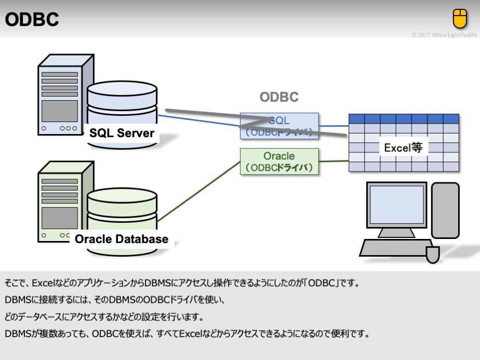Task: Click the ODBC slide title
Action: point(32,19)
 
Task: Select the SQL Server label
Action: point(122,133)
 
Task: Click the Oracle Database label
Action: point(122,239)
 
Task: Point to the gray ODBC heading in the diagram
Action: point(279,98)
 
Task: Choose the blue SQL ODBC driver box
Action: point(279,126)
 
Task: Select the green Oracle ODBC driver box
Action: point(279,162)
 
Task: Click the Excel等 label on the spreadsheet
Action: point(403,148)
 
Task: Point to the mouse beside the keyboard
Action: point(433,254)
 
